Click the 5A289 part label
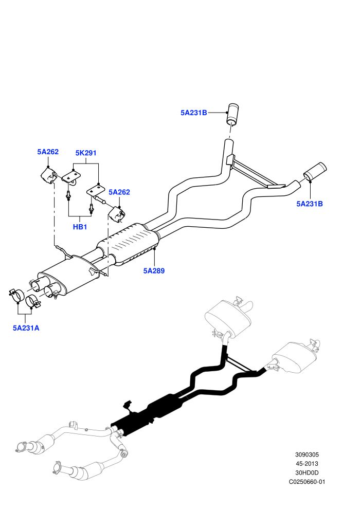[154, 271]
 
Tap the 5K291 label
[86, 153]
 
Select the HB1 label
[80, 227]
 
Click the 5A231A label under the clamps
[26, 328]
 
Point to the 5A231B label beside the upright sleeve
[194, 113]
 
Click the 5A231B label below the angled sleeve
[310, 204]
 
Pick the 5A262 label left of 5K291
[48, 152]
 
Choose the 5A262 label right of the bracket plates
[119, 192]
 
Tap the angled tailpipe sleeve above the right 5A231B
[315, 171]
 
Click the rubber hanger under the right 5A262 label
[117, 214]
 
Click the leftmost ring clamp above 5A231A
[16, 295]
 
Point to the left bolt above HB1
[68, 195]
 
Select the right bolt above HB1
[92, 207]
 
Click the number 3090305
[307, 455]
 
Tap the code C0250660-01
[307, 482]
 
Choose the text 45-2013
[307, 464]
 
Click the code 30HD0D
[307, 473]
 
